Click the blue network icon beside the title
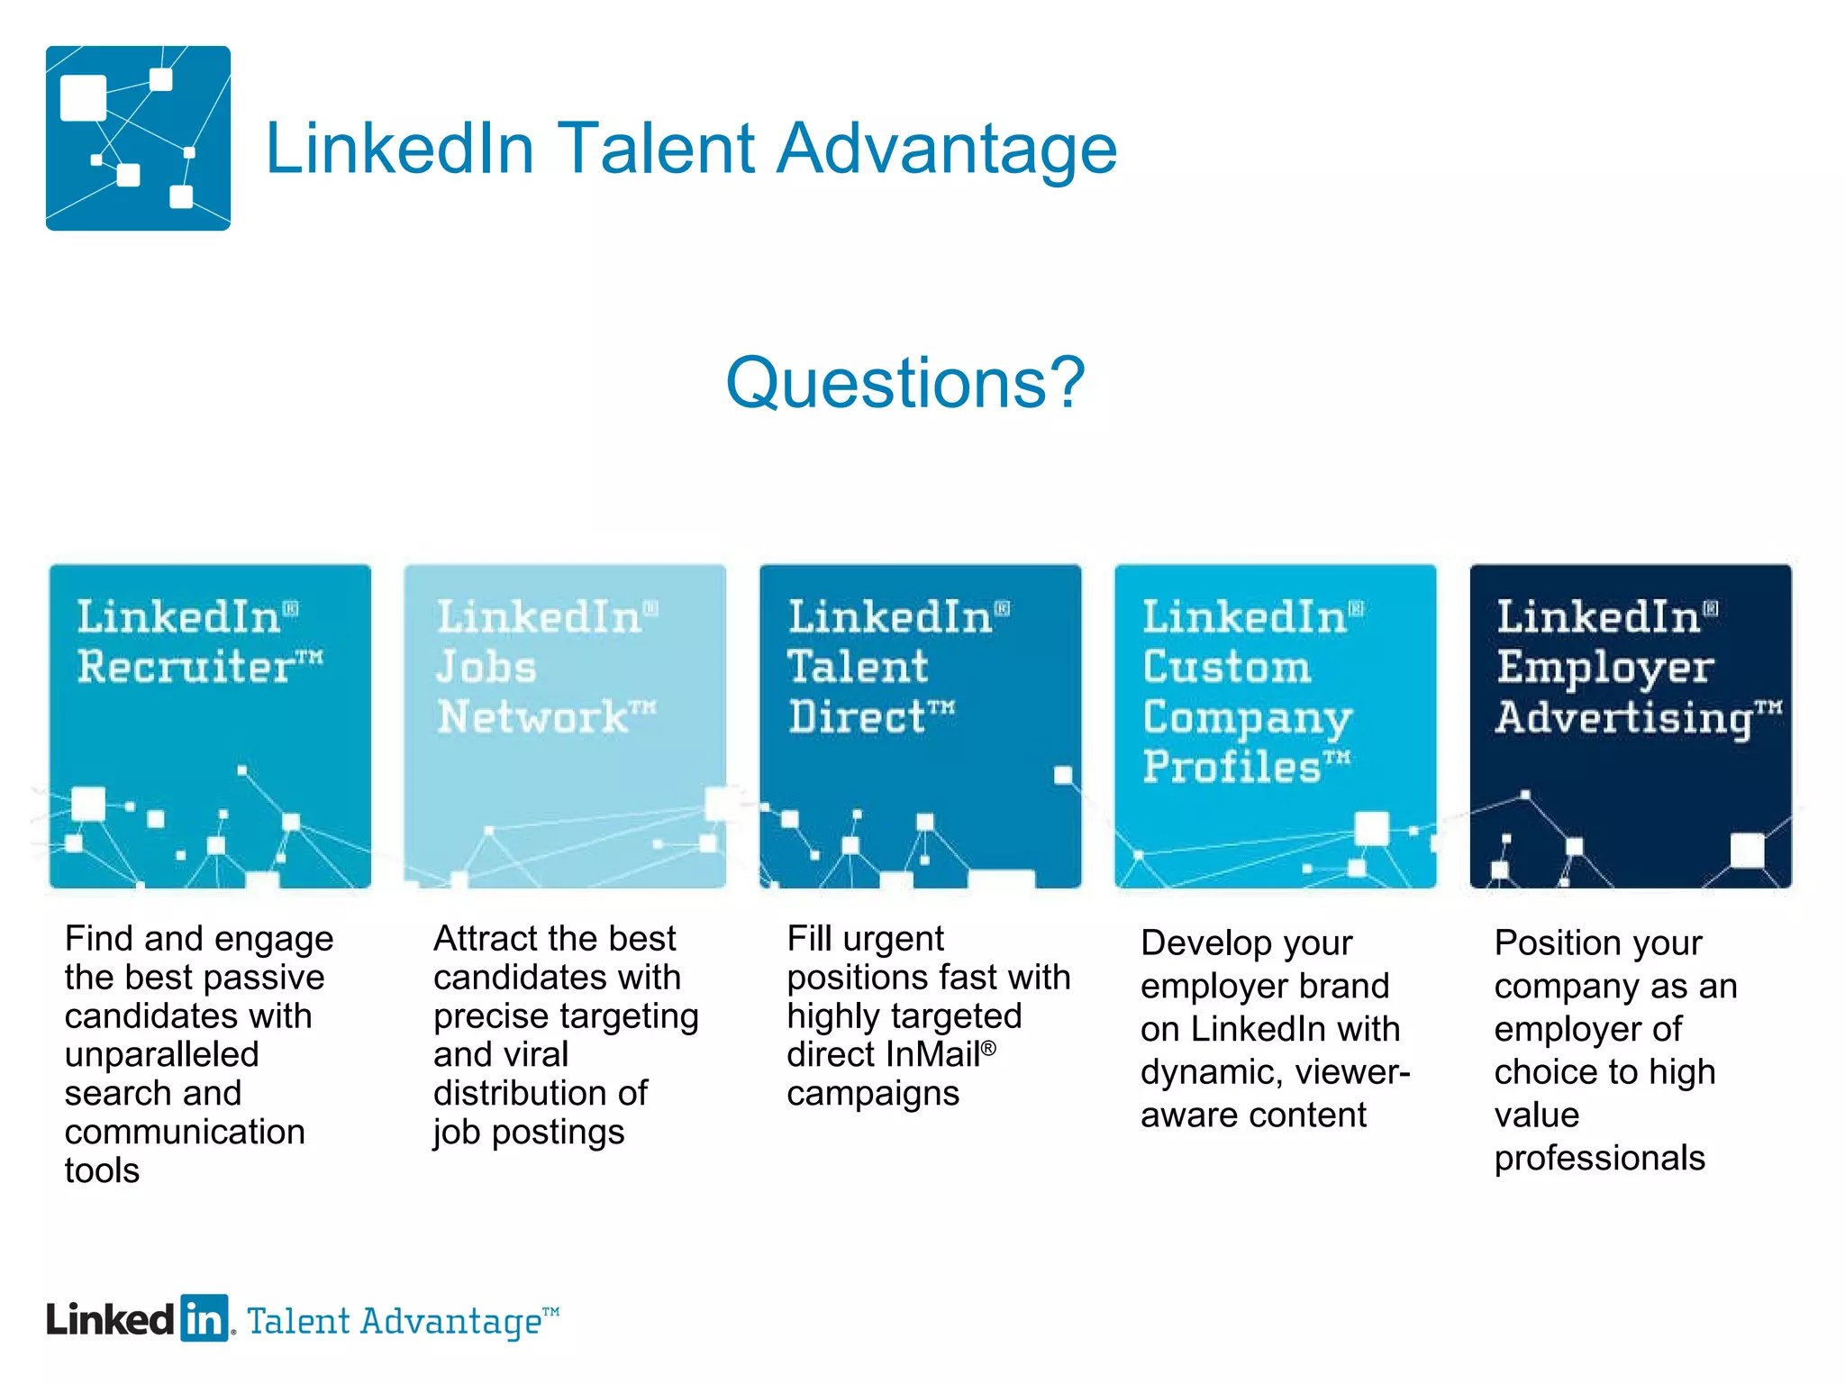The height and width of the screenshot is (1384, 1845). (138, 138)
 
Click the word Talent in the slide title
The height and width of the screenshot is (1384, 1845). (656, 149)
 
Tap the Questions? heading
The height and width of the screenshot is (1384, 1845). (905, 383)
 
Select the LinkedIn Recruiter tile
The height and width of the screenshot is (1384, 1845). (210, 726)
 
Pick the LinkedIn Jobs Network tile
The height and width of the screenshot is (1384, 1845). (565, 726)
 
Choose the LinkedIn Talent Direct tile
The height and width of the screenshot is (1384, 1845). (920, 726)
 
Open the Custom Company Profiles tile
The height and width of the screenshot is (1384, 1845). (1275, 726)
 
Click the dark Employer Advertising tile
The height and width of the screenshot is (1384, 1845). (1631, 726)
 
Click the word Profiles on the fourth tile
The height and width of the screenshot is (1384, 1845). (1232, 767)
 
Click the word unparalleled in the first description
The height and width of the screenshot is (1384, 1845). (162, 1054)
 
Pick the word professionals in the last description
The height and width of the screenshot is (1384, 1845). (1599, 1158)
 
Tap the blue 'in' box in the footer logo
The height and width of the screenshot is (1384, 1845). (204, 1319)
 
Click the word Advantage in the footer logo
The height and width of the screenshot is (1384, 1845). (450, 1322)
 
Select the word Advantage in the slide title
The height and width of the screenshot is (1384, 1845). (946, 149)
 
